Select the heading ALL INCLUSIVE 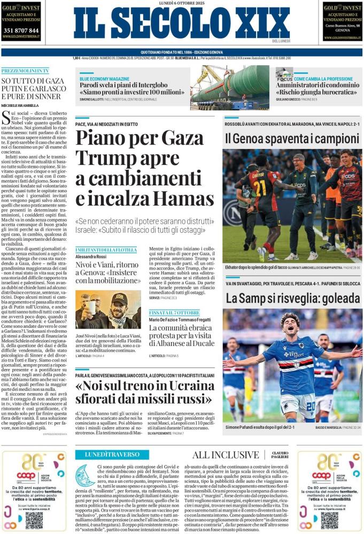[x=225, y=455]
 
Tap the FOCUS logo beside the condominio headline [x=284, y=75]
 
